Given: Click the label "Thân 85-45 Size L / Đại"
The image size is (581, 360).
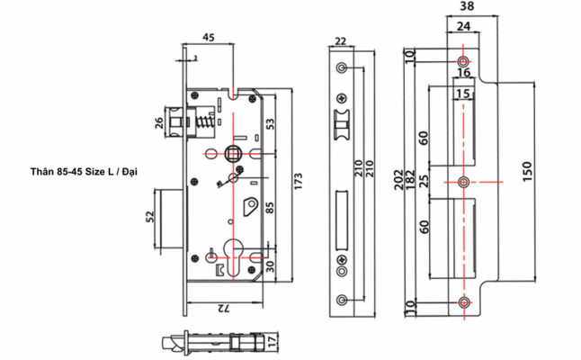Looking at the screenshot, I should point(85,170).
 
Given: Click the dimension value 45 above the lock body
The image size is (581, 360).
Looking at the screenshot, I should point(207,38).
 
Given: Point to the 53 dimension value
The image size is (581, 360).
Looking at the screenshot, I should point(269,124).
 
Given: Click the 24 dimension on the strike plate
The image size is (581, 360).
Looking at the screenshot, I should point(462,27).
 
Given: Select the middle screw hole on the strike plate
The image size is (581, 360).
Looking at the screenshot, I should point(463,183).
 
